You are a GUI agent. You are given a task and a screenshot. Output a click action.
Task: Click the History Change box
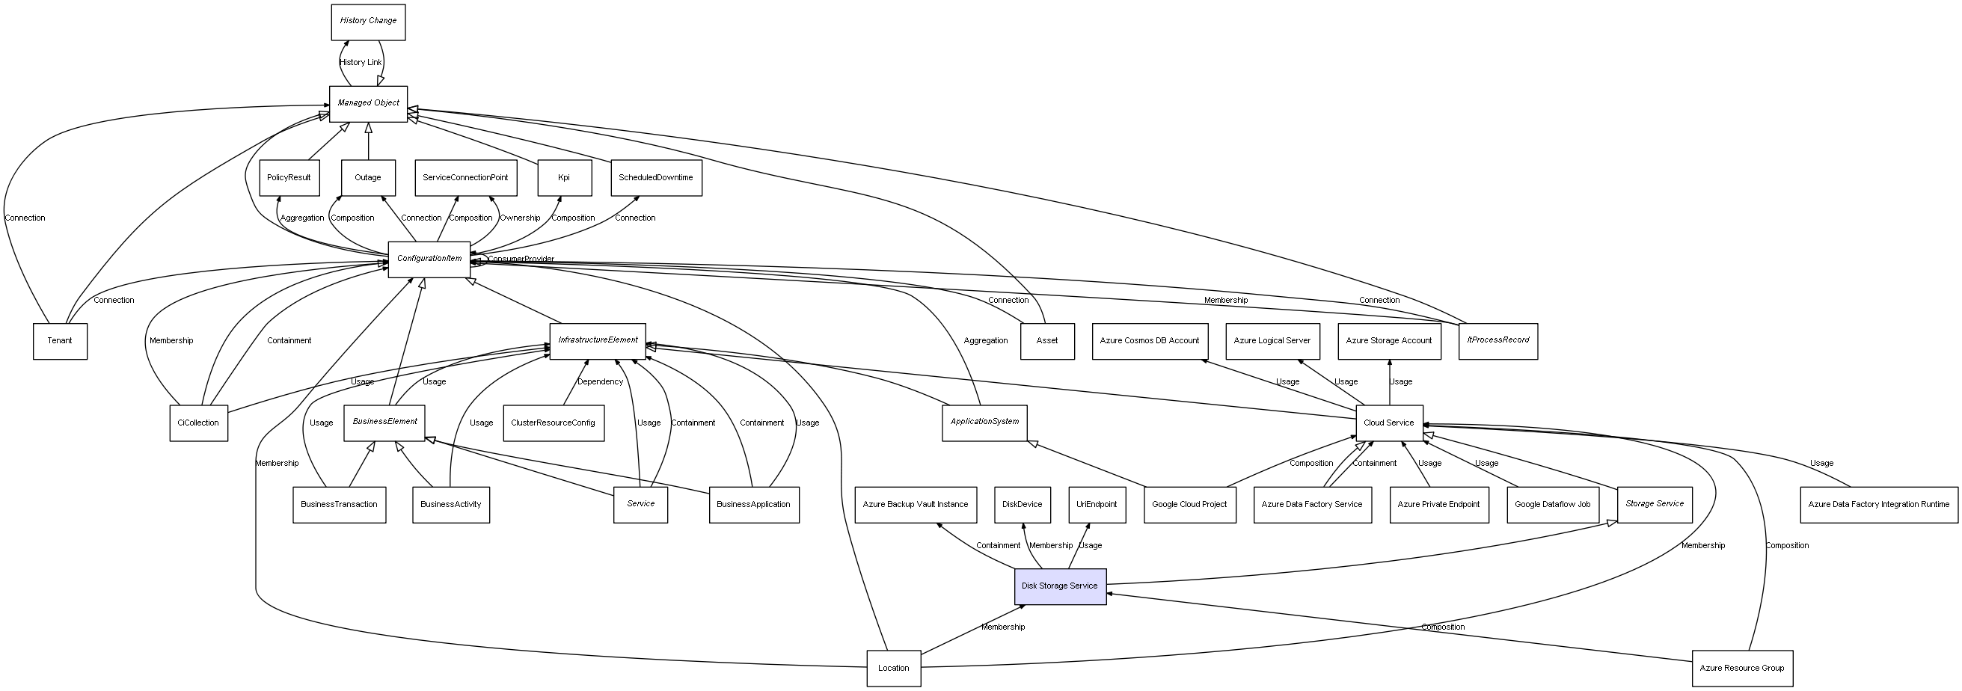click(x=368, y=22)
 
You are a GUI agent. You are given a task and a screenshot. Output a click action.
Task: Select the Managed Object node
click(x=368, y=103)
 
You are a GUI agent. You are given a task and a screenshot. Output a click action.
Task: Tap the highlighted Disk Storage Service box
click(x=1059, y=586)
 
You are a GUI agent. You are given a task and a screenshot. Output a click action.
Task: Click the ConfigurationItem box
click(x=429, y=259)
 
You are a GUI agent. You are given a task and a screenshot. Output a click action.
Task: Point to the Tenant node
click(x=59, y=340)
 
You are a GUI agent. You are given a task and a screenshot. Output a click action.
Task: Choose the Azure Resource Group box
click(x=1742, y=668)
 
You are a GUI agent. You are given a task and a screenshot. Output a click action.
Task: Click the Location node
click(x=893, y=668)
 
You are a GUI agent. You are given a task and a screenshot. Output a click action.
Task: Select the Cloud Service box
click(x=1388, y=423)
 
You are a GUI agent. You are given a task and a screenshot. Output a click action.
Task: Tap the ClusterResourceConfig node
click(x=553, y=423)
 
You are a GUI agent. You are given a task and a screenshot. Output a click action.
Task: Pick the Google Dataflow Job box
click(x=1552, y=504)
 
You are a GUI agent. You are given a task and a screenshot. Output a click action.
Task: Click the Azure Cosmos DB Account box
click(x=1150, y=340)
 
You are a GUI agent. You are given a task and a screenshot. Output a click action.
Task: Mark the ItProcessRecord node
click(x=1497, y=340)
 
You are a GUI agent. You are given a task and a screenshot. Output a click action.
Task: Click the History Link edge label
click(x=361, y=63)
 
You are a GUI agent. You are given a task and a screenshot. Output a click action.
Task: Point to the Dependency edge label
click(x=599, y=381)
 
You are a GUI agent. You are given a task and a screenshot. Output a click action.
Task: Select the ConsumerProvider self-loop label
click(x=521, y=259)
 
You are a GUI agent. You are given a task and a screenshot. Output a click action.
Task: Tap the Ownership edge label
click(x=519, y=218)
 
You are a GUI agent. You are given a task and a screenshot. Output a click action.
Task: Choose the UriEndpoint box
click(x=1096, y=504)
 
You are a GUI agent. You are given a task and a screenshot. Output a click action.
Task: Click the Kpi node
click(x=564, y=177)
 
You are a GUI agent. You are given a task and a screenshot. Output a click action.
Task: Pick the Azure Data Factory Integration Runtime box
click(x=1878, y=504)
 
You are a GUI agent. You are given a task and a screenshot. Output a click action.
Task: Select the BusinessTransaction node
click(x=339, y=504)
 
